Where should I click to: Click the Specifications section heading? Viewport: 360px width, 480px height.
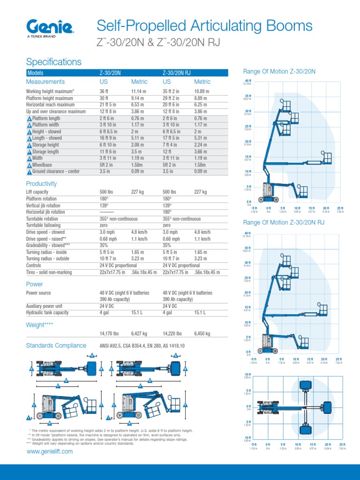click(53, 62)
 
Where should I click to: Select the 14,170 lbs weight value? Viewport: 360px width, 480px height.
click(109, 334)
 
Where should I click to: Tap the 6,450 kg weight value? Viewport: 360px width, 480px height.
click(202, 334)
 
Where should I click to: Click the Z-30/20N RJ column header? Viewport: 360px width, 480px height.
click(177, 73)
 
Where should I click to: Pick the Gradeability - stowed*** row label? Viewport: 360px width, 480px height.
click(48, 245)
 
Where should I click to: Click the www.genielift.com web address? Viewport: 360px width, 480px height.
click(50, 451)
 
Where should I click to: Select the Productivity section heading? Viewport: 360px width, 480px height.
click(41, 184)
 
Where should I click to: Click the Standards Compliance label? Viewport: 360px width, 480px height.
click(56, 345)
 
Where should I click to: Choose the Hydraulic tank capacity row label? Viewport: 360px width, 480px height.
click(47, 313)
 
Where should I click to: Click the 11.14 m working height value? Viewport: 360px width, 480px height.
click(140, 91)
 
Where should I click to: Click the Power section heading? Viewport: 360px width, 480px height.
click(34, 284)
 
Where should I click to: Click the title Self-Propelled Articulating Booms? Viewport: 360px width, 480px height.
click(204, 26)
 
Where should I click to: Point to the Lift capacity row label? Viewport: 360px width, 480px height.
click(37, 192)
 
